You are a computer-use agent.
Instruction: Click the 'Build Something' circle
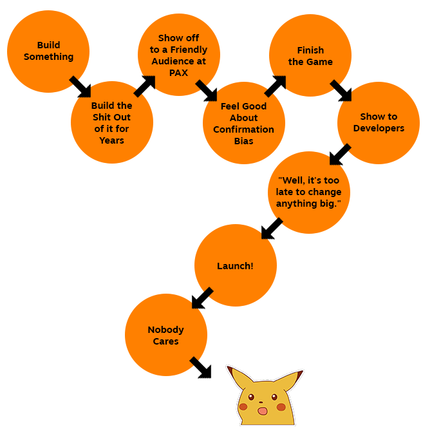pos(48,52)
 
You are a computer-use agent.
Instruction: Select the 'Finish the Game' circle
pos(310,55)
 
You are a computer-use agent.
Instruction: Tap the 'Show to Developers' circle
pos(379,122)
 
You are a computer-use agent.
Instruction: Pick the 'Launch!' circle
pos(235,265)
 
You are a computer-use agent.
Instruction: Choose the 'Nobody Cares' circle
pos(166,335)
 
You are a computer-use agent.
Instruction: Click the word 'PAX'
pos(178,73)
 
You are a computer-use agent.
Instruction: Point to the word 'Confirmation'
pos(243,129)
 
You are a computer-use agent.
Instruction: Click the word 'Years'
pos(111,140)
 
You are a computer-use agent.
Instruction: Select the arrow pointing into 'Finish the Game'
pos(275,86)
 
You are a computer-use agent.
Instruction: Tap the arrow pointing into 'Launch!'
pos(272,228)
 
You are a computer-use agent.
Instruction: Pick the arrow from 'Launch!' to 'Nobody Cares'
pos(202,298)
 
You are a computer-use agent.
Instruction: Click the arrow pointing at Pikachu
pos(201,368)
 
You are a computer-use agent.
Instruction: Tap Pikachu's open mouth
pos(262,410)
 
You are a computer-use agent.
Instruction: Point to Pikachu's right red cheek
pos(281,407)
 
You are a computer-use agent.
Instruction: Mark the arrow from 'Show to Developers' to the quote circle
pos(340,155)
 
